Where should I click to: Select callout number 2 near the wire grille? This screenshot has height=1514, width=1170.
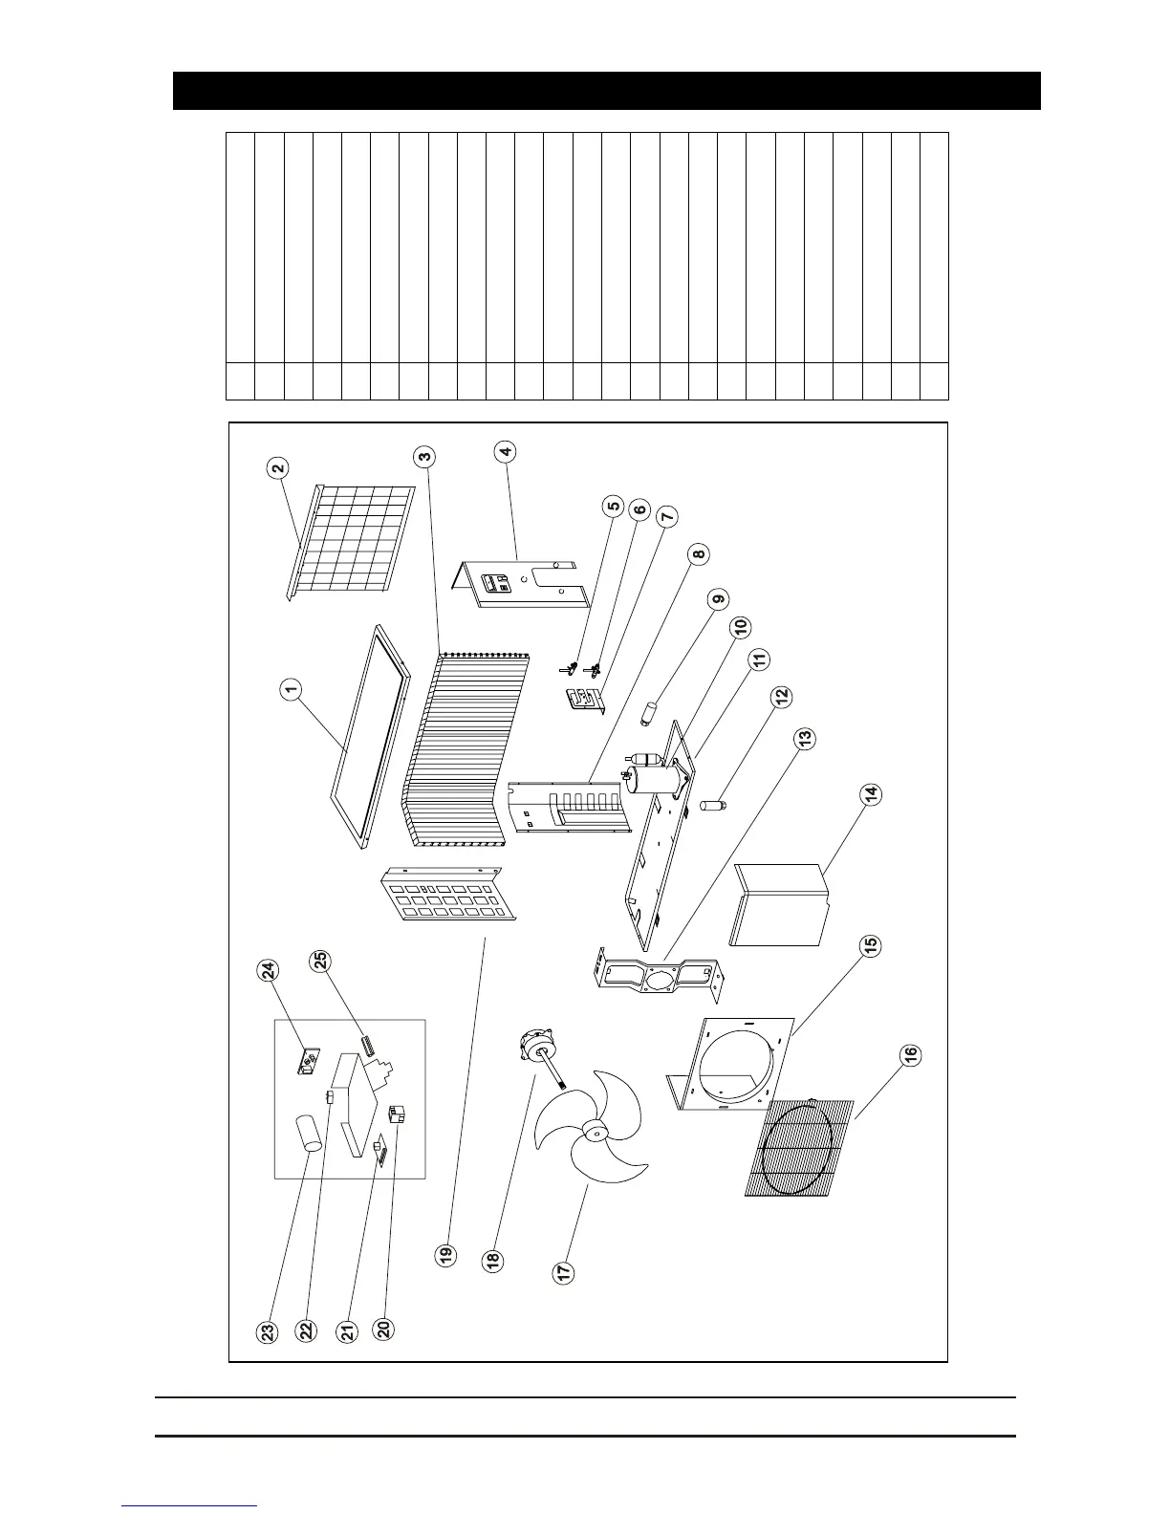pos(278,468)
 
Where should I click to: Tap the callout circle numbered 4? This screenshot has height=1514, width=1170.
pos(506,451)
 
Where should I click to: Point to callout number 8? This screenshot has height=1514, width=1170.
pos(699,554)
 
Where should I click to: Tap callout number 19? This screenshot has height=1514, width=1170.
pos(446,1255)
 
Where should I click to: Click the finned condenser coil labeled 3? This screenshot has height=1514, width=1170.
pos(468,746)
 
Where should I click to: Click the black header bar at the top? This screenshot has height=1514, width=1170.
pos(606,91)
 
